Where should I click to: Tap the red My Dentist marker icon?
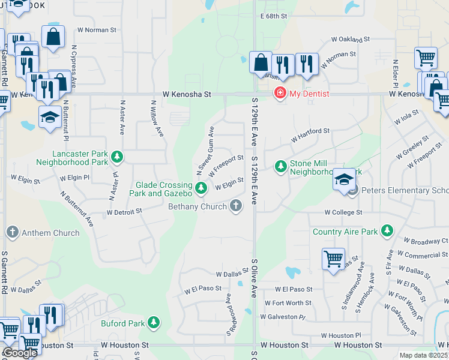(x=279, y=93)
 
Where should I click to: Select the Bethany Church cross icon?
(x=237, y=206)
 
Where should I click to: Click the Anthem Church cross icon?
(x=12, y=232)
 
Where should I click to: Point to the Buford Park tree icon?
(x=154, y=323)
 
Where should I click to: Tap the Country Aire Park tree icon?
(x=387, y=230)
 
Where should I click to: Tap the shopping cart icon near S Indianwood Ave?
(x=333, y=259)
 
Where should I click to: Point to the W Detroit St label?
(x=124, y=211)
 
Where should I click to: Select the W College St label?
(x=343, y=212)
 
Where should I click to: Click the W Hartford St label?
(x=310, y=135)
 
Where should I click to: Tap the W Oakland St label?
(x=351, y=40)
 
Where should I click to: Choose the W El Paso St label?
(x=200, y=289)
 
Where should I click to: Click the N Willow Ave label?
(x=157, y=117)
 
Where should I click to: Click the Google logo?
(x=20, y=353)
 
